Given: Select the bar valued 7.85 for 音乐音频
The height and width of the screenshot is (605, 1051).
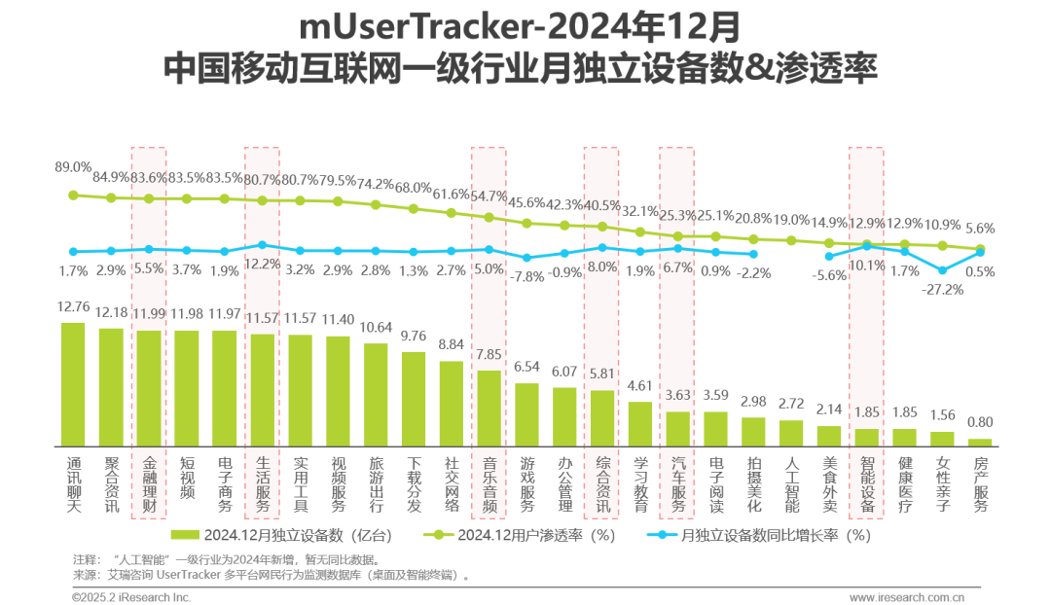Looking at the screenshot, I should (489, 408).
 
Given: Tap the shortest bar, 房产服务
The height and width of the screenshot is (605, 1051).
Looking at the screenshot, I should (980, 442).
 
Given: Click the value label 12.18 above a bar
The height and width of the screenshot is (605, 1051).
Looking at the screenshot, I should (111, 313).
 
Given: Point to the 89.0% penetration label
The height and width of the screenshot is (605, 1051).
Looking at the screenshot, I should (74, 167).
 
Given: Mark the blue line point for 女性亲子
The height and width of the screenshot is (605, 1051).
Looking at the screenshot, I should (942, 269).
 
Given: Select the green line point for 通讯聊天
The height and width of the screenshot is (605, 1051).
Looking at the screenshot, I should (73, 195).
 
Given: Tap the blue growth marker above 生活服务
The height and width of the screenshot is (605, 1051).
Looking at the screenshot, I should (262, 245).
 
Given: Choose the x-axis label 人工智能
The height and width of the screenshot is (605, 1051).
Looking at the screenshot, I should (791, 480).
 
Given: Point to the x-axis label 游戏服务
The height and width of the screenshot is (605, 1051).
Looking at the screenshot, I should (526, 480).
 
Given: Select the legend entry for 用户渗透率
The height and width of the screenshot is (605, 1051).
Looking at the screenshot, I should (525, 534).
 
